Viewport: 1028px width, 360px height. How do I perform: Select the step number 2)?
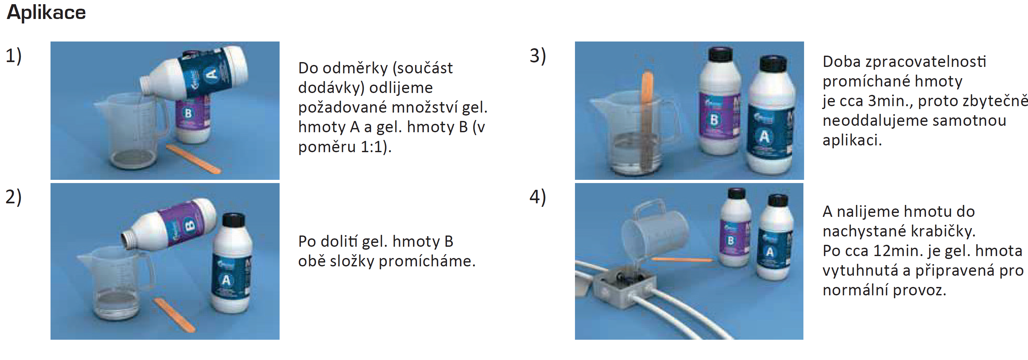[14, 197]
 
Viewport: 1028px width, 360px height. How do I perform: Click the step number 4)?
[538, 197]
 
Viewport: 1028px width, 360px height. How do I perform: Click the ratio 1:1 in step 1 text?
[371, 147]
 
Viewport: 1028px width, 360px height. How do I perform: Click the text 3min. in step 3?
[893, 101]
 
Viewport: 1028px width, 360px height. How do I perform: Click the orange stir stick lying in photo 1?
[193, 159]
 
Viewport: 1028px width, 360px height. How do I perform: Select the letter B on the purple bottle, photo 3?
[714, 119]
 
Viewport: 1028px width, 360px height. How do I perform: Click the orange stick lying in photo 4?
[681, 260]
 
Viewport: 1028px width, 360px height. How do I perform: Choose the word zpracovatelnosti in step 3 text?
[925, 62]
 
